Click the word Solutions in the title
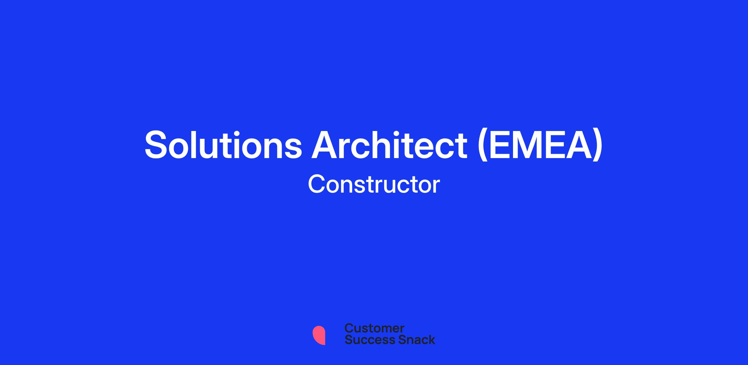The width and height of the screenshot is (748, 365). point(223,145)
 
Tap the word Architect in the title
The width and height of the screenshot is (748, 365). point(390,144)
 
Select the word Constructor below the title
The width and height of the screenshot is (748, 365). point(374,184)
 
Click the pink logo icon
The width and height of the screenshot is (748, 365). point(319,335)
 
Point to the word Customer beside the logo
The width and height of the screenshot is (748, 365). point(374,328)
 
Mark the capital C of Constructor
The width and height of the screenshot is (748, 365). point(317,184)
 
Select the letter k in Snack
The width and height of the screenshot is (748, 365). point(431,339)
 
